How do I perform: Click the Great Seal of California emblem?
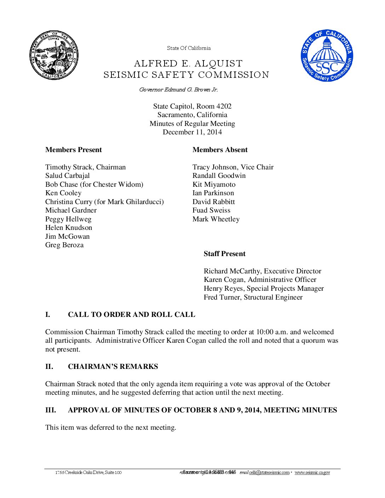54,55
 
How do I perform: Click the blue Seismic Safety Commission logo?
327,55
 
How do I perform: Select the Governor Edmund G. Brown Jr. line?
178,90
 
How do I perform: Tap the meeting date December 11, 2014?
192,132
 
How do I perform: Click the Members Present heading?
73,150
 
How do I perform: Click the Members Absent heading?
220,150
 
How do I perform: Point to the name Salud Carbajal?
67,176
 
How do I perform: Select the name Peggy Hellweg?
68,219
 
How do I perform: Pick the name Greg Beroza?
64,245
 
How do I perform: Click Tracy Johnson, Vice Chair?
233,167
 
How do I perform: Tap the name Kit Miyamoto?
214,185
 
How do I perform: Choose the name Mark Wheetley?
216,219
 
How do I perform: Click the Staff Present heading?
224,254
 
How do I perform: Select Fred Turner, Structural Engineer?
253,297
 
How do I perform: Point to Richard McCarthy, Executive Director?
262,271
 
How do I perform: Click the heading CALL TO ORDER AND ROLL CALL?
131,315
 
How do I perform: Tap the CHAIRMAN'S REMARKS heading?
113,367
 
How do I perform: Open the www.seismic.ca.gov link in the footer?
312,473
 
